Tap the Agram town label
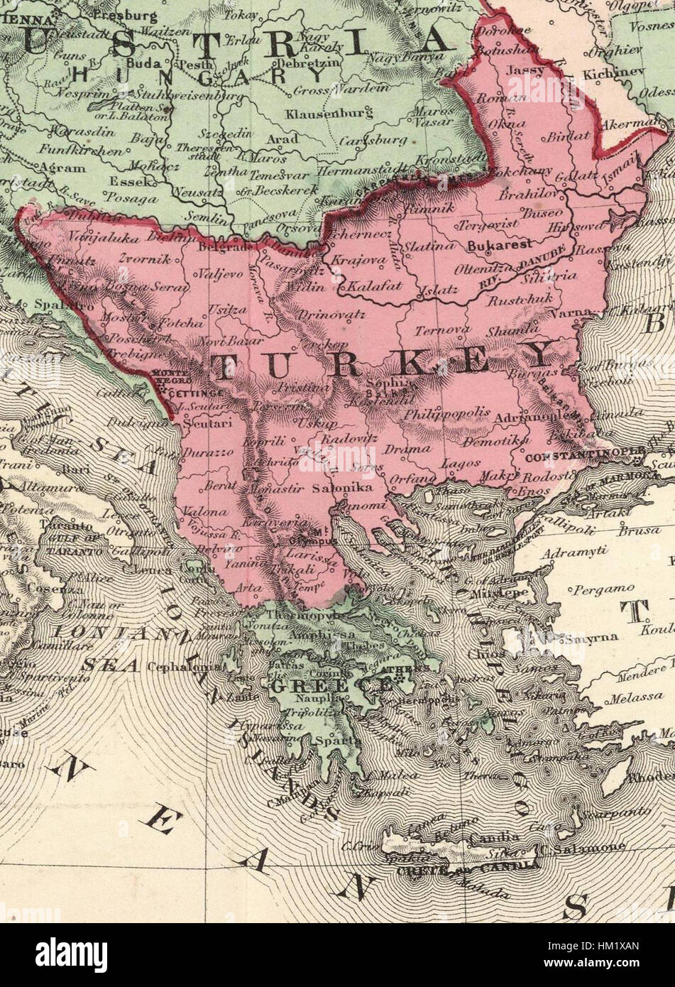click(62, 169)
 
